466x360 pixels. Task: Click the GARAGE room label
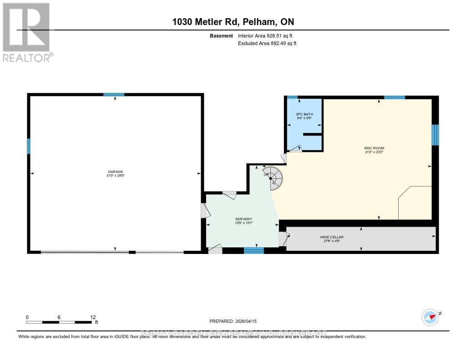point(115,172)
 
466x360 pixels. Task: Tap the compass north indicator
point(430,317)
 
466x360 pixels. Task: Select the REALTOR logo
point(26,32)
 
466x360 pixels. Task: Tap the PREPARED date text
point(233,321)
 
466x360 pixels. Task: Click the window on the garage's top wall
point(113,95)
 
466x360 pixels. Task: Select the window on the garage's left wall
point(28,146)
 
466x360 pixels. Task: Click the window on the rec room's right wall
point(435,135)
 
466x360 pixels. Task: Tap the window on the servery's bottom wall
point(253,250)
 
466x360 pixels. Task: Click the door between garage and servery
point(204,210)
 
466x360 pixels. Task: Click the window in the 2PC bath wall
point(292,97)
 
